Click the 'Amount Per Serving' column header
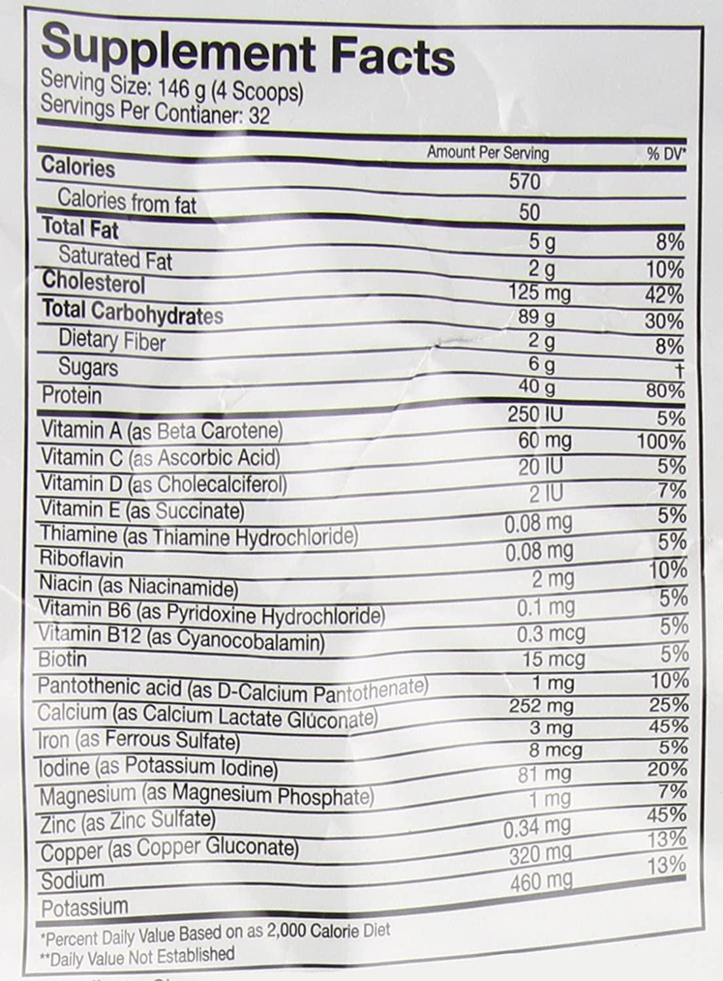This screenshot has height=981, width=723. pyautogui.click(x=487, y=153)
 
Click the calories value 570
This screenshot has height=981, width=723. pyautogui.click(x=525, y=181)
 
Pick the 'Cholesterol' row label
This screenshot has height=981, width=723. pyautogui.click(x=94, y=283)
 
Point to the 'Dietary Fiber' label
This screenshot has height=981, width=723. pyautogui.click(x=112, y=341)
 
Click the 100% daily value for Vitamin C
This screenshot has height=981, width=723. pyautogui.click(x=661, y=441)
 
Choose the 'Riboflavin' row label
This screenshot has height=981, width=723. pyautogui.click(x=81, y=560)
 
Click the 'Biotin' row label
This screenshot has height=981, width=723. pyautogui.click(x=62, y=659)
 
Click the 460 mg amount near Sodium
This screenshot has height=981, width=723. pyautogui.click(x=540, y=882)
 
